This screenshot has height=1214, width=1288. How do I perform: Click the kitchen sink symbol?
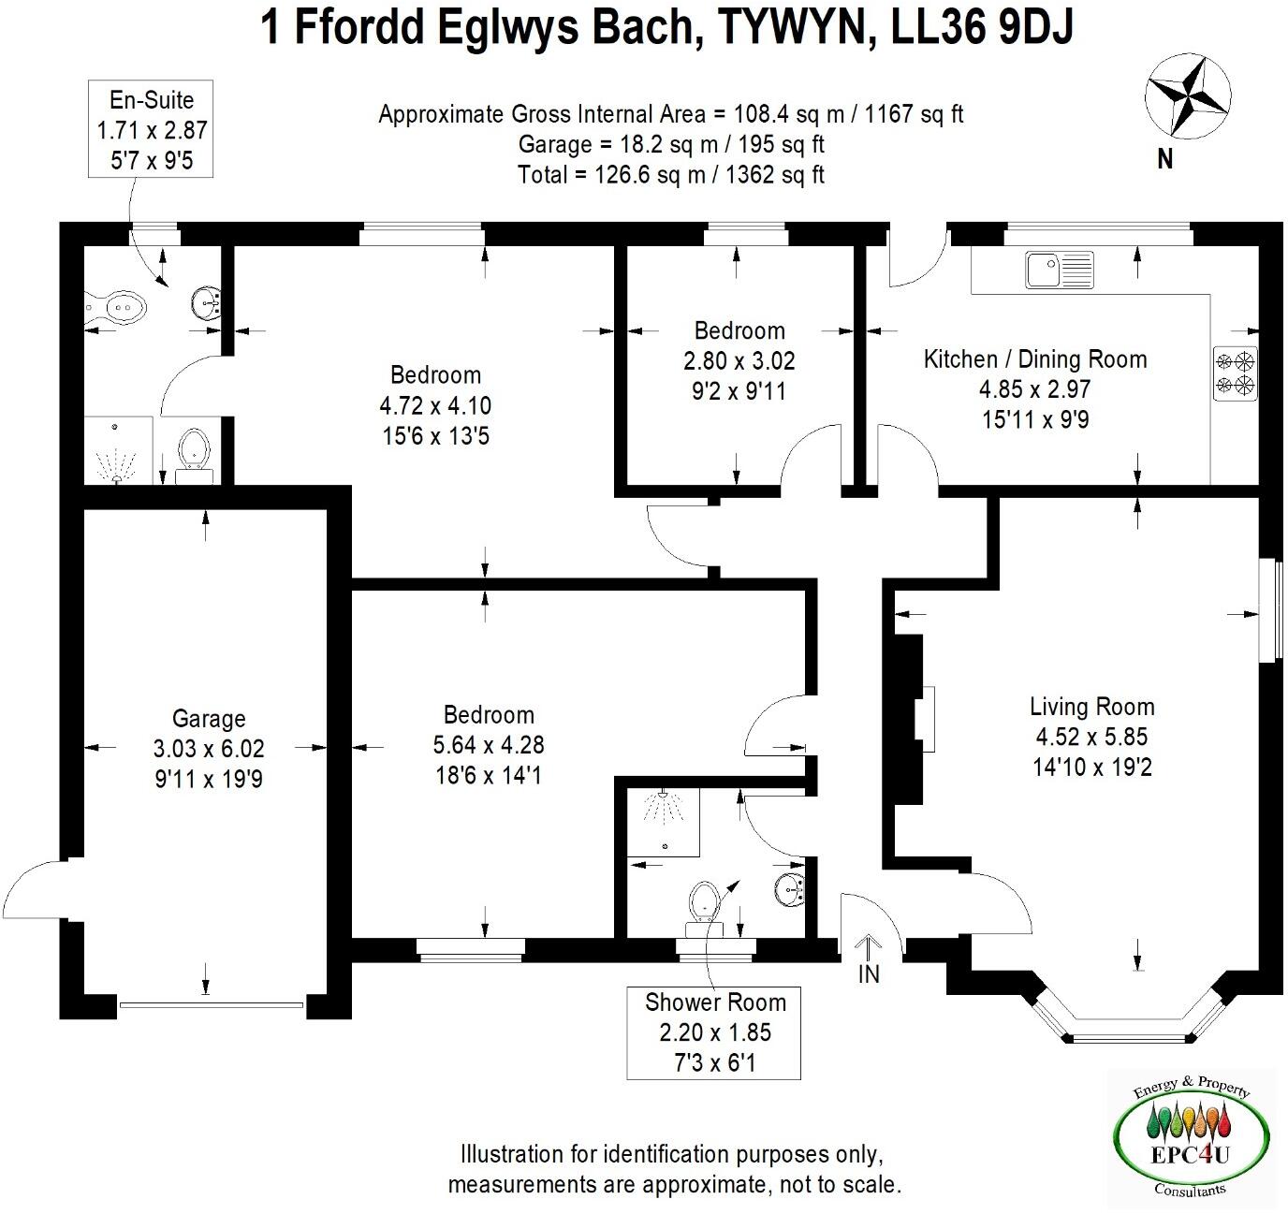pyautogui.click(x=1059, y=270)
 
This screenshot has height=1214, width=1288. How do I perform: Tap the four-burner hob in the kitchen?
pyautogui.click(x=1235, y=373)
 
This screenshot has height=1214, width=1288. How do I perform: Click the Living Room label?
pyautogui.click(x=1091, y=707)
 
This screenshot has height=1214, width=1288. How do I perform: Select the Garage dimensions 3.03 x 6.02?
pyautogui.click(x=208, y=749)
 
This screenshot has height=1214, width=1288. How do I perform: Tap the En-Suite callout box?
pyautogui.click(x=152, y=129)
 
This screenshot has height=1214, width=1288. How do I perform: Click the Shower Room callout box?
pyautogui.click(x=714, y=1032)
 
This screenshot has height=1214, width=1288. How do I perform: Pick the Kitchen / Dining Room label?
pyautogui.click(x=1034, y=359)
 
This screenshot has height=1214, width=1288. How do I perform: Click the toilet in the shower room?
pyautogui.click(x=703, y=908)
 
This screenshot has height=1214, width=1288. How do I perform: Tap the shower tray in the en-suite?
pyautogui.click(x=117, y=450)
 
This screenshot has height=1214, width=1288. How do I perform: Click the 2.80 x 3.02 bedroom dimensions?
pyautogui.click(x=739, y=360)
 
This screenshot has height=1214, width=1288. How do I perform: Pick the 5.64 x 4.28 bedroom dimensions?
pyautogui.click(x=488, y=745)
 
